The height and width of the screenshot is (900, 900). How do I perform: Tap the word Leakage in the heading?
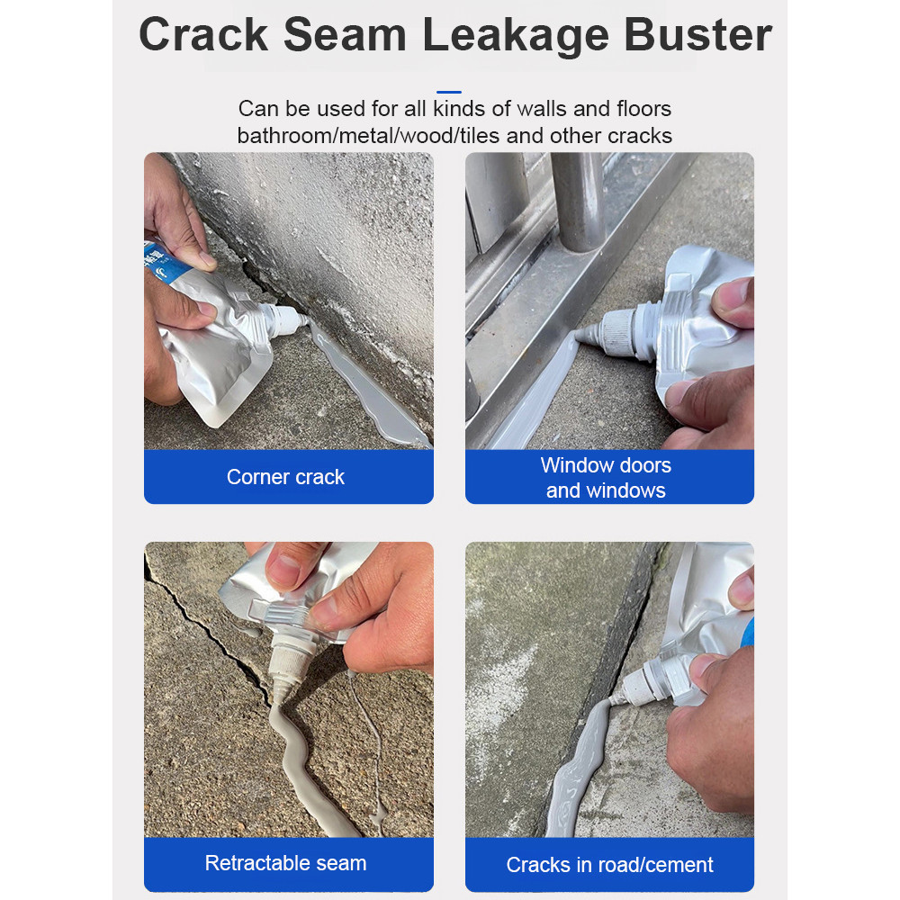point(516,36)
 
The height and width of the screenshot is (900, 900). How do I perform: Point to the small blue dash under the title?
point(449,92)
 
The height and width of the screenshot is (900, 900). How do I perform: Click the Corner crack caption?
point(285,477)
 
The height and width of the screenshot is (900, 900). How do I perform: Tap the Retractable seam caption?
point(285,863)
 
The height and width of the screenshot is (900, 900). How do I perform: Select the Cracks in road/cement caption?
point(609,865)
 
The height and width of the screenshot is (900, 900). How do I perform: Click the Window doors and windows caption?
point(606,478)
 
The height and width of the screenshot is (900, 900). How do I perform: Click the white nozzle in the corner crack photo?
point(285,320)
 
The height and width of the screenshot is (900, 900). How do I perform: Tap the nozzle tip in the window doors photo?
point(580,336)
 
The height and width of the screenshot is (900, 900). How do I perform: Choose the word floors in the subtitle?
point(644,109)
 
